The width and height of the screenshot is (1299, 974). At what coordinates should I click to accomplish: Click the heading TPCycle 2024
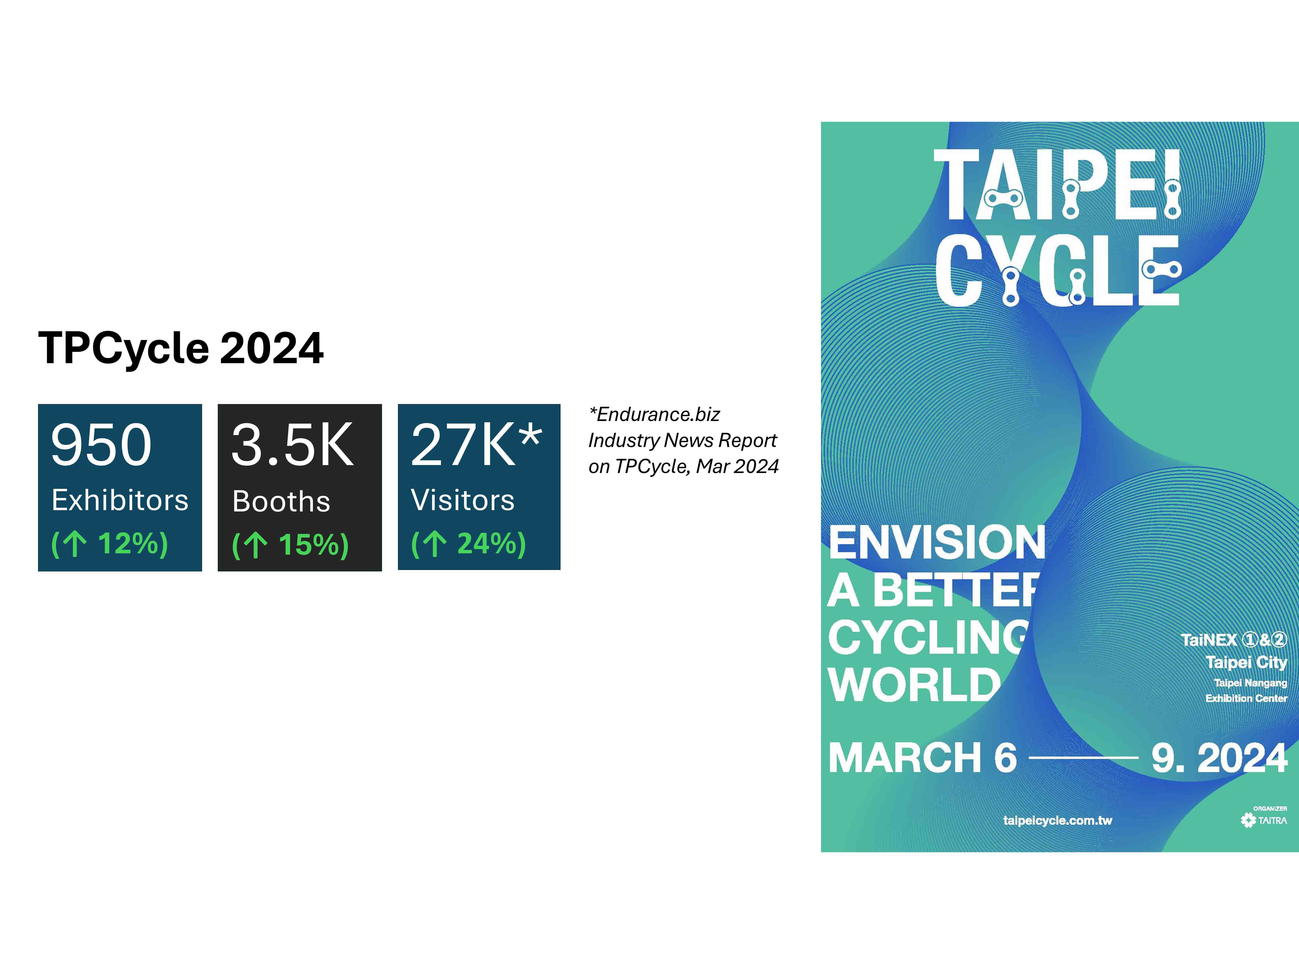(181, 348)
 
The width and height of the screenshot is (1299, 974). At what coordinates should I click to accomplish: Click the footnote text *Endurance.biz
(654, 414)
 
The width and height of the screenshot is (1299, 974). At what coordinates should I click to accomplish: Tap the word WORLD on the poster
(914, 685)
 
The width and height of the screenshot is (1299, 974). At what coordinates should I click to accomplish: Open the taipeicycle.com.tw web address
(1058, 820)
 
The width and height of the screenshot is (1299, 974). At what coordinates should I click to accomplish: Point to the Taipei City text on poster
(1246, 662)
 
